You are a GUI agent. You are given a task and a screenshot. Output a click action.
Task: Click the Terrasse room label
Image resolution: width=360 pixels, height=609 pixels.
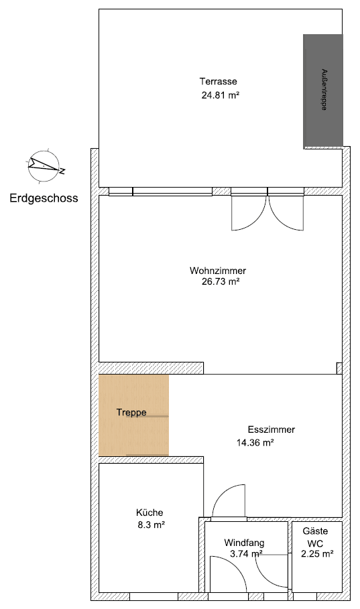218,81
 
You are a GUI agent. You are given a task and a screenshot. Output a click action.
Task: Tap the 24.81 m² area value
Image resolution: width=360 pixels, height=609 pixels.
221,95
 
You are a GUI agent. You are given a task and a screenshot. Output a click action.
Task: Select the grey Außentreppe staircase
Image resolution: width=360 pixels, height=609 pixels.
323,90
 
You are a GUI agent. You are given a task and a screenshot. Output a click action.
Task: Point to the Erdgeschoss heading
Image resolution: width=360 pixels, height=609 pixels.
44,198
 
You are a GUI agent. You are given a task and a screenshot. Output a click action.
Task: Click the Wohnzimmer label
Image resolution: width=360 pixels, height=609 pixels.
218,271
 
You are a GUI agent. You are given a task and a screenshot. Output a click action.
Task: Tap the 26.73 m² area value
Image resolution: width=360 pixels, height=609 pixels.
215,282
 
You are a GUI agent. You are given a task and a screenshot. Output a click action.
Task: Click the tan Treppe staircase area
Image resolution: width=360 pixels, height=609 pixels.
133,415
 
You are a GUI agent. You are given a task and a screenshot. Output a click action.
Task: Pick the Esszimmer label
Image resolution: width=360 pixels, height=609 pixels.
271,430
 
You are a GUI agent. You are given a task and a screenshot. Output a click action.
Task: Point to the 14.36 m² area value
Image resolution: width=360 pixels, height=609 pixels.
255,442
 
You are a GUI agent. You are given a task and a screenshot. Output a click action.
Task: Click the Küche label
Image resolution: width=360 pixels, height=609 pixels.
149,513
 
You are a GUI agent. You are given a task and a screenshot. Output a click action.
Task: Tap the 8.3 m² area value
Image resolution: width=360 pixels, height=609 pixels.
151,525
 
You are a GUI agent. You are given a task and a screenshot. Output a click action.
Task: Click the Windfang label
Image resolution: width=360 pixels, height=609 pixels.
244,543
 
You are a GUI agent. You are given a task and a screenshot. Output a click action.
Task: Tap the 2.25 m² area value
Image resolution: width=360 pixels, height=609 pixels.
316,554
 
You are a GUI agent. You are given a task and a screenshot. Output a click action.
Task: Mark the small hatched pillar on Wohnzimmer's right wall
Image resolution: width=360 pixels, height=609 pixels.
339,368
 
